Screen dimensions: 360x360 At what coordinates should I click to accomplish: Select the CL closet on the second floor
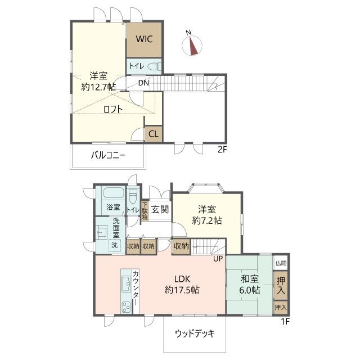[x=153, y=134]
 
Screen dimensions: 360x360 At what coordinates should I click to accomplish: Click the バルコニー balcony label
[x=108, y=156]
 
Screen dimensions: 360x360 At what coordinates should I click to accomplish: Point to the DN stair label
[x=143, y=83]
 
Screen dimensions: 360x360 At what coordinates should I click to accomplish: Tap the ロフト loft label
[x=112, y=110]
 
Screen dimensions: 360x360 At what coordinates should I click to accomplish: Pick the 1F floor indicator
[x=285, y=321]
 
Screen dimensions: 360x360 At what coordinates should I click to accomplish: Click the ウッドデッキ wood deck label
[x=195, y=332]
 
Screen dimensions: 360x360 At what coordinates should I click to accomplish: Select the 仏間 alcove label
[x=280, y=263]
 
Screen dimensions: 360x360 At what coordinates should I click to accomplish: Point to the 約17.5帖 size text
[x=182, y=290]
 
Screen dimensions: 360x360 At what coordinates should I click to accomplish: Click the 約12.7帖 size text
[x=98, y=87]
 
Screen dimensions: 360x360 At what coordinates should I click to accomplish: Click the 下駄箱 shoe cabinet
[x=145, y=211]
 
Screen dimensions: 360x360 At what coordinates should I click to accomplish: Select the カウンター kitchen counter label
[x=136, y=289]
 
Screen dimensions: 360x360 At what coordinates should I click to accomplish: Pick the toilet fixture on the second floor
[x=154, y=66]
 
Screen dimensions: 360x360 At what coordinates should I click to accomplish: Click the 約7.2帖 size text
[x=206, y=220]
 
